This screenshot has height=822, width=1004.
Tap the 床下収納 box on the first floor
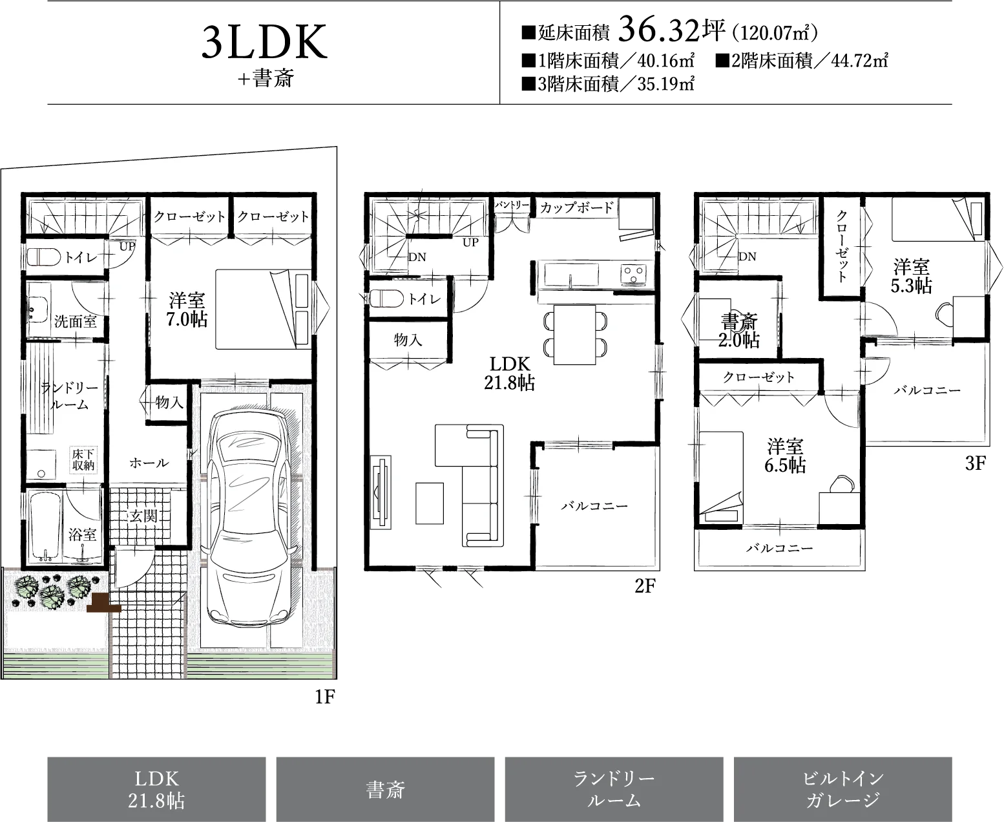(84, 459)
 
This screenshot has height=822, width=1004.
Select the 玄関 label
(143, 516)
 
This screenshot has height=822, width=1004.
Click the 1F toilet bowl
(44, 258)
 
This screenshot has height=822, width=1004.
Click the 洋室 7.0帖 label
(187, 310)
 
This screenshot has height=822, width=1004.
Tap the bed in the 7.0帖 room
(263, 310)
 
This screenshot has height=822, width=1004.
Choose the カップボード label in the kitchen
(577, 207)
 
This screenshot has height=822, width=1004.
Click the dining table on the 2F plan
(574, 335)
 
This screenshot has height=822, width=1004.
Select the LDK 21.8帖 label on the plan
(509, 374)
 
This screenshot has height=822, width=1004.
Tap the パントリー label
(512, 205)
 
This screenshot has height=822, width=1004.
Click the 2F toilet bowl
(386, 299)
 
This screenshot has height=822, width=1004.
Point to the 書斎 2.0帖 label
(739, 331)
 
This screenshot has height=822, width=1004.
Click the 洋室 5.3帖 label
(911, 276)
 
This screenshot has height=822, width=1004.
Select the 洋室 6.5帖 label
(785, 456)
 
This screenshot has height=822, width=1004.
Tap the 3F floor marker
(975, 463)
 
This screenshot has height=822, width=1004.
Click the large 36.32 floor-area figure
(660, 30)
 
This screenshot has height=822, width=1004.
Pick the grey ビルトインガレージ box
(842, 789)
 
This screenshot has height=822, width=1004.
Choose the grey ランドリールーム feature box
(614, 789)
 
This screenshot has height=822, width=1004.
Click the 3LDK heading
(265, 42)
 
